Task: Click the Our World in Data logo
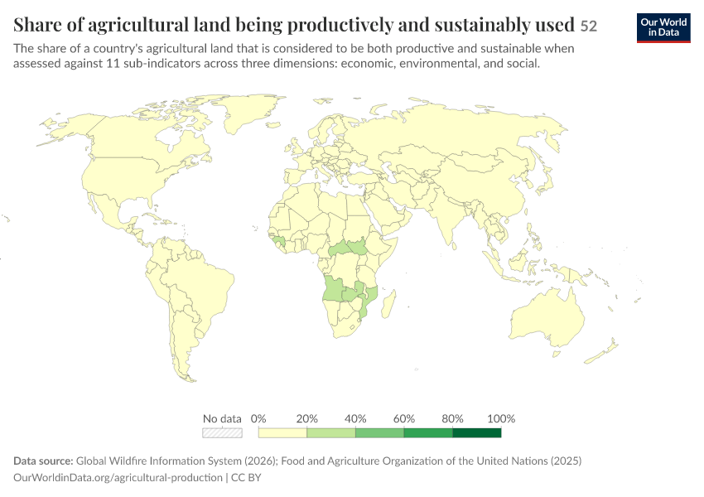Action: [663, 28]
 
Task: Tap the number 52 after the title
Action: [589, 26]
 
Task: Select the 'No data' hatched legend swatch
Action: [222, 432]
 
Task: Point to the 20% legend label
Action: [306, 419]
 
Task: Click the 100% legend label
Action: [501, 419]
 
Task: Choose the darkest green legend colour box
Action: [477, 432]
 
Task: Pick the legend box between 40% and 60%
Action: [379, 432]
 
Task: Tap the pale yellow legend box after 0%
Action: [282, 432]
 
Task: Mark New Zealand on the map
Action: [602, 352]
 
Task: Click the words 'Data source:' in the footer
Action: [43, 461]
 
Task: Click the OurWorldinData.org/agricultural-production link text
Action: [118, 477]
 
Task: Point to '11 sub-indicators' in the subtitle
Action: [153, 63]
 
